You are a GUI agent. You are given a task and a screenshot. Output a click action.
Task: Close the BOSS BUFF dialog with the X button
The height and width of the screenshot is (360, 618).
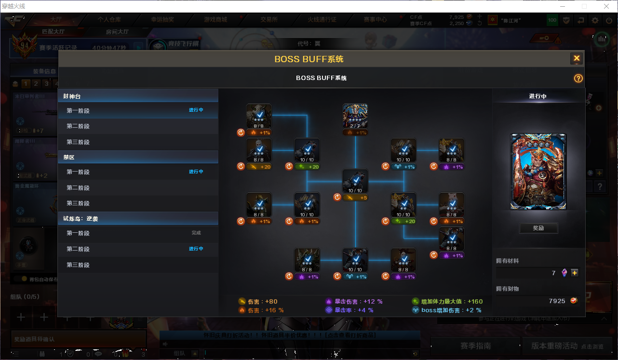(577, 59)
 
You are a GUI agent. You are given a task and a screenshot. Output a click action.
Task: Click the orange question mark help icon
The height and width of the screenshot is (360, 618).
(578, 79)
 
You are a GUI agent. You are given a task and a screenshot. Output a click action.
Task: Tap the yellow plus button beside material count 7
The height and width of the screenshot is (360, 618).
(575, 273)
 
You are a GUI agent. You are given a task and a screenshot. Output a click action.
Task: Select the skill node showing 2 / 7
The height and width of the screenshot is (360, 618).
(355, 116)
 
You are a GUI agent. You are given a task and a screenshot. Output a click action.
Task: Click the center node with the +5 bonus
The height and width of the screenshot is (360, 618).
(355, 181)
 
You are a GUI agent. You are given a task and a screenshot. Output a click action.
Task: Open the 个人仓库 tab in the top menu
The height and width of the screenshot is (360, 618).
(109, 20)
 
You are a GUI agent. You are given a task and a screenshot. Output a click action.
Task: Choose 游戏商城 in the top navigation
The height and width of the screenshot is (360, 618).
(215, 20)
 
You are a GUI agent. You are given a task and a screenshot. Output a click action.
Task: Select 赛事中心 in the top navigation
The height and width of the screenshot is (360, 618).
(375, 20)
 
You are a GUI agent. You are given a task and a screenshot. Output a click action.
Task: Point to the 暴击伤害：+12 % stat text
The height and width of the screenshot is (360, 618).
(354, 302)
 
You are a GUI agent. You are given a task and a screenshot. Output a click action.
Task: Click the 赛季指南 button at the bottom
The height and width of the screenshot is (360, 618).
(475, 346)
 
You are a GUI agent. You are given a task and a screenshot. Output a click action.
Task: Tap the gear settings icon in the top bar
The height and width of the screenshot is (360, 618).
(595, 20)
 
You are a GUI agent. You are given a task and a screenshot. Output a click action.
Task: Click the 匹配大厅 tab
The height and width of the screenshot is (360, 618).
(53, 31)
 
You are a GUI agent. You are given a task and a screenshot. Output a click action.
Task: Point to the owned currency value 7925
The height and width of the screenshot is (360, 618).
(557, 301)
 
